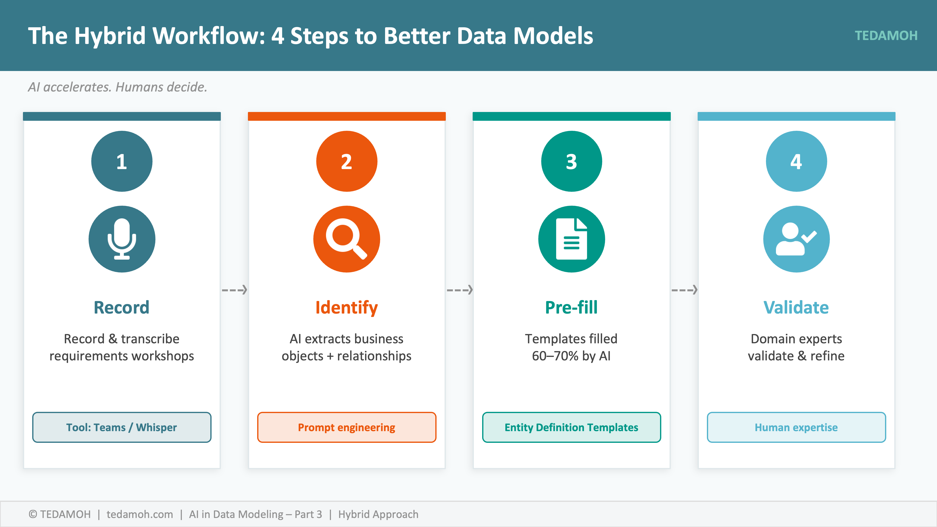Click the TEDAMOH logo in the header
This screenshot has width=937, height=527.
pyautogui.click(x=886, y=36)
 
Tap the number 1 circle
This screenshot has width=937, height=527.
pyautogui.click(x=122, y=161)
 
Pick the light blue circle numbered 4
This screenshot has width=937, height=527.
pyautogui.click(x=796, y=161)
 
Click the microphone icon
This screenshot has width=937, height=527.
pyautogui.click(x=122, y=239)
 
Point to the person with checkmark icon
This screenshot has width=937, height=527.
pyautogui.click(x=796, y=239)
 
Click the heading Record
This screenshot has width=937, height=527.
pyautogui.click(x=122, y=307)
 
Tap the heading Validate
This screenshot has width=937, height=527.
pyautogui.click(x=796, y=307)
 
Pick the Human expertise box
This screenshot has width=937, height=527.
pyautogui.click(x=796, y=427)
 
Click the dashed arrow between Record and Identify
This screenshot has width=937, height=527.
pyautogui.click(x=234, y=290)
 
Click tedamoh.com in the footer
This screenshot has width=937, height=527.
pyautogui.click(x=140, y=514)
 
